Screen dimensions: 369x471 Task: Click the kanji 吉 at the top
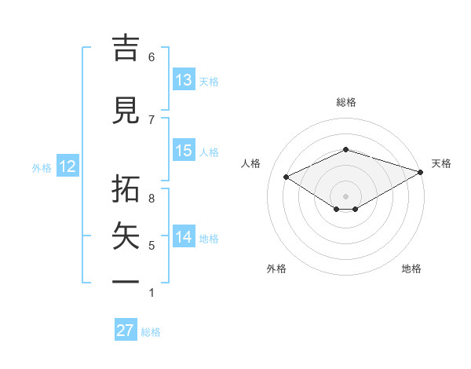pos(127,48)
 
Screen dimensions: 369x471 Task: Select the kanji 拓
pos(127,191)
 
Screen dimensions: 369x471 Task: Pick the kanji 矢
pos(127,236)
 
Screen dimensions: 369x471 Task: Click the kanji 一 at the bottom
pos(127,281)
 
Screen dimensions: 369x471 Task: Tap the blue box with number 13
pos(184,80)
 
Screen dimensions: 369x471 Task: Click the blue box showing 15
pos(184,151)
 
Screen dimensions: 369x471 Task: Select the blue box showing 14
pos(184,237)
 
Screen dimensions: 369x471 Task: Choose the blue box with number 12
pos(67,166)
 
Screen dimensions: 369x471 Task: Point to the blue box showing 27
pos(126,331)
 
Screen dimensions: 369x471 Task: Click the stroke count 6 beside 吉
pos(152,57)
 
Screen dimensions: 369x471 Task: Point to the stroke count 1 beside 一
pos(152,293)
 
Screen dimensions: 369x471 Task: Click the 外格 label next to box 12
pos(42,167)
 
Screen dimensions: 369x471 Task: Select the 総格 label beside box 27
pos(151,332)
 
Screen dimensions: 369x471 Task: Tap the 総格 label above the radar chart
pos(346,102)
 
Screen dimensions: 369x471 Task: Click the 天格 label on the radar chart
pos(442,163)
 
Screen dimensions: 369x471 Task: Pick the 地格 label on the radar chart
pos(411,269)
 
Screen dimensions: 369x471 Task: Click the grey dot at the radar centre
pos(345,195)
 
